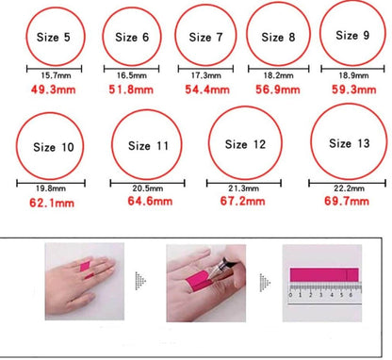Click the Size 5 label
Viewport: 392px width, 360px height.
[54, 37]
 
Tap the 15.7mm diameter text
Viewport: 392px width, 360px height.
[56, 75]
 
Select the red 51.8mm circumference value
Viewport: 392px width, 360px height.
[131, 90]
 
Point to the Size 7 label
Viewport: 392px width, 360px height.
[205, 38]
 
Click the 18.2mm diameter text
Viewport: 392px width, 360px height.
[278, 75]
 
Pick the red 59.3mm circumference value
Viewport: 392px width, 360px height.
[354, 90]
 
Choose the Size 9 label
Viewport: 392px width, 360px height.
[352, 35]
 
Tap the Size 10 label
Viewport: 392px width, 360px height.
[54, 147]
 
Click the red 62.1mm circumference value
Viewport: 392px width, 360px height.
[52, 203]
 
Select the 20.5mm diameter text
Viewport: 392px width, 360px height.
[148, 188]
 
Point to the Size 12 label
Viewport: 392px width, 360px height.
[245, 144]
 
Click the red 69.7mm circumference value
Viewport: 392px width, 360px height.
[347, 201]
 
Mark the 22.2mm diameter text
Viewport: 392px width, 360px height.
[349, 188]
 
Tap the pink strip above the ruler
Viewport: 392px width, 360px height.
[324, 275]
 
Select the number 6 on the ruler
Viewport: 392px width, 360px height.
[351, 295]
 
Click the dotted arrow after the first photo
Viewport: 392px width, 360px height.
[140, 281]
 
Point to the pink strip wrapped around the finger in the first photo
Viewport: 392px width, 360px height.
[85, 266]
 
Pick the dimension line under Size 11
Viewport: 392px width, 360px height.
[148, 183]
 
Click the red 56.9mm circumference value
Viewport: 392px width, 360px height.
[278, 90]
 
